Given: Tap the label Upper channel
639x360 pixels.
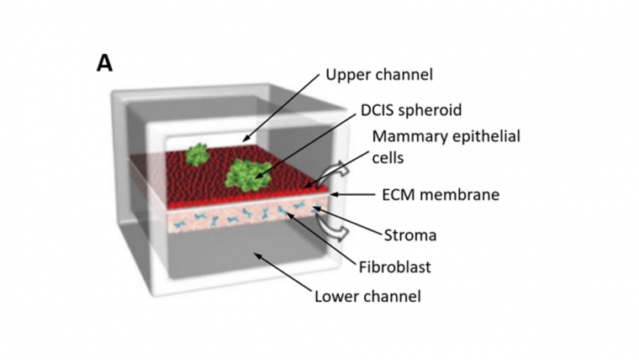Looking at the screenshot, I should click(x=378, y=76).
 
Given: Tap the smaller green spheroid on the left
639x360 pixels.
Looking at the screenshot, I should click(x=197, y=154).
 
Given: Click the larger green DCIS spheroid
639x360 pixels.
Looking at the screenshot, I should click(x=250, y=174).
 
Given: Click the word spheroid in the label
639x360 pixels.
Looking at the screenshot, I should click(x=425, y=110).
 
